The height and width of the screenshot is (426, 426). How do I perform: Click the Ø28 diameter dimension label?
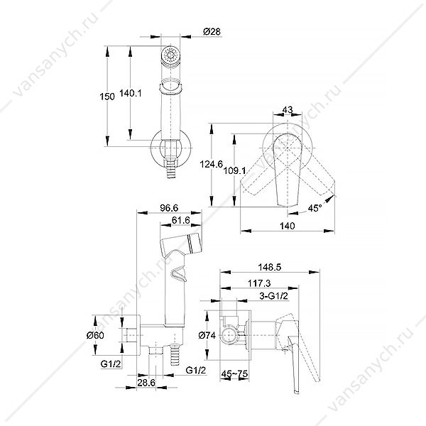coord(212,32)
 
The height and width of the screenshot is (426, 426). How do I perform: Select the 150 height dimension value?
coord(107,97)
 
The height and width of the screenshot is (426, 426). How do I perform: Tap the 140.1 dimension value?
coord(131,94)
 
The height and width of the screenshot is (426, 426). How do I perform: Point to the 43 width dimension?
coord(288,109)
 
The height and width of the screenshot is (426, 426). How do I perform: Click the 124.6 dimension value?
coord(212,164)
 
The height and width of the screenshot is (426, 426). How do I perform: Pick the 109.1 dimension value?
coord(235,170)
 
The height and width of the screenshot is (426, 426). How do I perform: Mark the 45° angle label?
coord(315,208)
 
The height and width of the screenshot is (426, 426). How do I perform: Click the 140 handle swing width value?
coord(287,226)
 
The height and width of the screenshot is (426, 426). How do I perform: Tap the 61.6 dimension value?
coord(181,220)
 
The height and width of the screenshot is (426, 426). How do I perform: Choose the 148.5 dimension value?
coord(270,268)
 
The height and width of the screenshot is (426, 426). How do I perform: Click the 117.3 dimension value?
coord(259,283)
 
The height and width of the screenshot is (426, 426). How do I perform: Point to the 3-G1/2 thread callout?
coord(273,296)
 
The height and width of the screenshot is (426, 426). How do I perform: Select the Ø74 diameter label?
coord(207,336)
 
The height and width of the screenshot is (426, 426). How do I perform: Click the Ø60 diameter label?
coord(95,336)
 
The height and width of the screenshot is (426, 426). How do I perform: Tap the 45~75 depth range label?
coord(234,374)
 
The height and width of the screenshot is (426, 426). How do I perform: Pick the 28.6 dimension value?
coord(146,383)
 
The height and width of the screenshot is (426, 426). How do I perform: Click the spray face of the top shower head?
coord(170,55)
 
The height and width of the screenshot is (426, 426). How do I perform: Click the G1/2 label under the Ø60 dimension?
coord(111,364)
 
